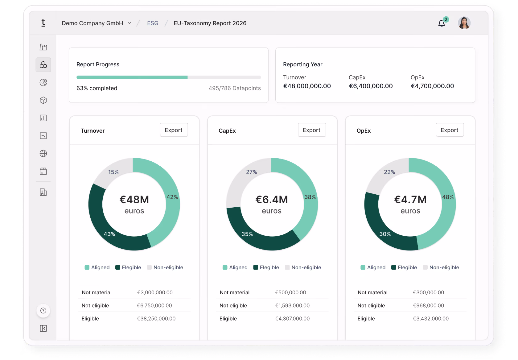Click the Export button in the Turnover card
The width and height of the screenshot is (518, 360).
click(174, 130)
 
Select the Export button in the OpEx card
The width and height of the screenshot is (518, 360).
click(450, 130)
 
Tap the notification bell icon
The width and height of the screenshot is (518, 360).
click(442, 23)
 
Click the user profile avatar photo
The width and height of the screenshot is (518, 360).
click(464, 23)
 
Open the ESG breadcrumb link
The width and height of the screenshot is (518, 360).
click(153, 23)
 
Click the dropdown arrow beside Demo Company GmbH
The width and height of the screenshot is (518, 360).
click(129, 23)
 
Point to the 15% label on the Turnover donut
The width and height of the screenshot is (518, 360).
click(113, 172)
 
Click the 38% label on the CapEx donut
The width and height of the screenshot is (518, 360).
click(310, 197)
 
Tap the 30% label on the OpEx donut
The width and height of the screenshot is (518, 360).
click(385, 234)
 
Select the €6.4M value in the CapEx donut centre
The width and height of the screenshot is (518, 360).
click(272, 199)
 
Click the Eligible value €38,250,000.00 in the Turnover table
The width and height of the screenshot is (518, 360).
click(156, 319)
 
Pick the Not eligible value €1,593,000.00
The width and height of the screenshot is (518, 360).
click(292, 305)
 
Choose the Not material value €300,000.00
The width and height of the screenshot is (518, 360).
click(429, 292)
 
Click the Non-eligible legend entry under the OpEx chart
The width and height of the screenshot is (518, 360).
click(441, 267)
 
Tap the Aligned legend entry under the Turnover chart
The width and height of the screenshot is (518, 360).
click(97, 267)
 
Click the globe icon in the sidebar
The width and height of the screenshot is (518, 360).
click(43, 153)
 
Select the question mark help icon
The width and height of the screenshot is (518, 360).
click(43, 310)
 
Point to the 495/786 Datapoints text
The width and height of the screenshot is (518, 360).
click(234, 88)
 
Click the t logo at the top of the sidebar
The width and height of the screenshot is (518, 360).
click(43, 23)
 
